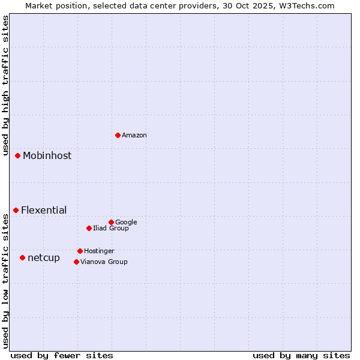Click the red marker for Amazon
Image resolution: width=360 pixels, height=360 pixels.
(118, 135)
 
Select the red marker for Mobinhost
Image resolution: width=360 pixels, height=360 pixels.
(17, 155)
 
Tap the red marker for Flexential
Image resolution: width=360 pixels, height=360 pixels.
(16, 210)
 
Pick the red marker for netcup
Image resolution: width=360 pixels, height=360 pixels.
(22, 257)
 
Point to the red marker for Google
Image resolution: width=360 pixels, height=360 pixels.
(111, 222)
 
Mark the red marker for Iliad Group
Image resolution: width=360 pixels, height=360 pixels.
(89, 228)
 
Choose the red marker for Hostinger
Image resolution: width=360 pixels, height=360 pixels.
(80, 251)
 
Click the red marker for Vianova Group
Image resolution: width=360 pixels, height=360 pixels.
(76, 262)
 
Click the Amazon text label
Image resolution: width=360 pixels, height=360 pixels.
(134, 136)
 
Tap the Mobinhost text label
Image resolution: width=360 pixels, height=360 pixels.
(47, 156)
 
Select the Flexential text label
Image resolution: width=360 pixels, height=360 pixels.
(44, 211)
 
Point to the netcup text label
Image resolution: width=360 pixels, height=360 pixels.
(44, 258)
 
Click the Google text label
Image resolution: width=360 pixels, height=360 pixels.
(126, 223)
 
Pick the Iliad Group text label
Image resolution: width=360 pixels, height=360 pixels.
(111, 229)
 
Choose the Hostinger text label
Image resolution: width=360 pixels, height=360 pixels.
(99, 251)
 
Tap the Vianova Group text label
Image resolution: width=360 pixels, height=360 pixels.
(104, 262)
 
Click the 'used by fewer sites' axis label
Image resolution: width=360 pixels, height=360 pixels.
(62, 356)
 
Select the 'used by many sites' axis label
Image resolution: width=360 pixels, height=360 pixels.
(301, 356)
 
